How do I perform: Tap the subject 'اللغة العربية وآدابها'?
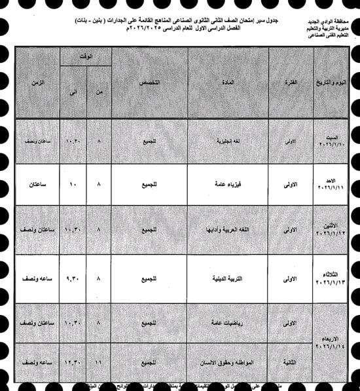tap(229, 230)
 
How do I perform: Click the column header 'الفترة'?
tap(291, 83)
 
